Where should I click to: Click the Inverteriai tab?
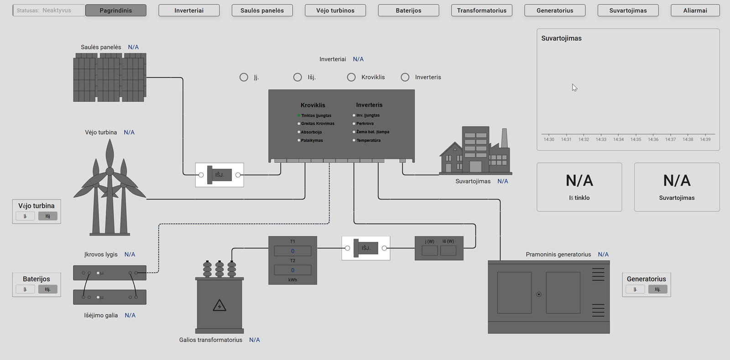coord(189,10)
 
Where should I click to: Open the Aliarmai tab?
coord(695,10)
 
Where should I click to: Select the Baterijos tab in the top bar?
coord(408,10)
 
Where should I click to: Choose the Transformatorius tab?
coord(481,10)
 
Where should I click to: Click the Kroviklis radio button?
coord(351,77)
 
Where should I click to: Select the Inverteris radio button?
coord(405,77)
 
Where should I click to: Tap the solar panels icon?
coord(109,77)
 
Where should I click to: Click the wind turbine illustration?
coord(109,187)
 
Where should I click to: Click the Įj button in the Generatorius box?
coord(635,289)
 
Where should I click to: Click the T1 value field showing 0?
coord(292,251)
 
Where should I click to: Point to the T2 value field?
coord(292,270)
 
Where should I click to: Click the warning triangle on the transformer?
coord(219,305)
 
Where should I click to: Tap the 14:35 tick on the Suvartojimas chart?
coord(636,139)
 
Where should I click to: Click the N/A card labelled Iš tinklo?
coord(579,187)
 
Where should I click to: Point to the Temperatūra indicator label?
coord(368,141)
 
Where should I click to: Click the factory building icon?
coord(475,151)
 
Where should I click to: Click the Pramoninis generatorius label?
coord(558,255)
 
